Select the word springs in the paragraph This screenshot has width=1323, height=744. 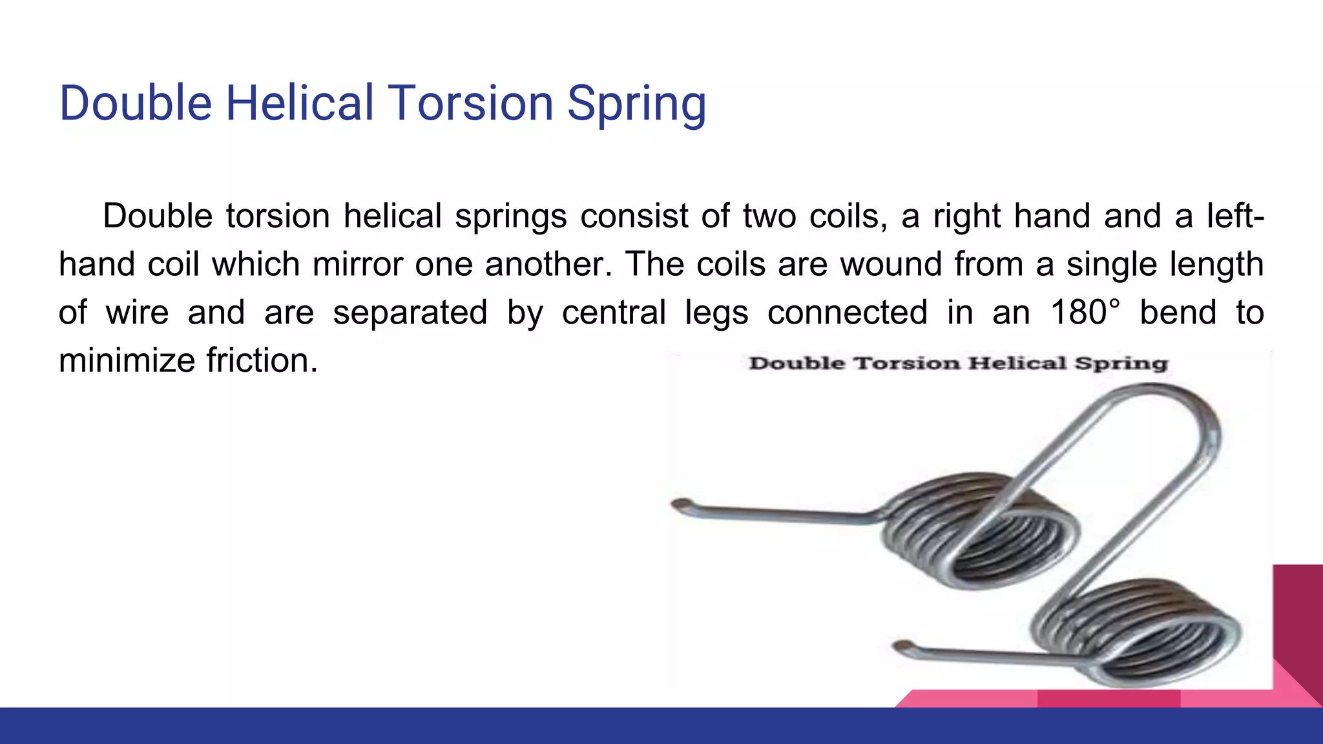510,216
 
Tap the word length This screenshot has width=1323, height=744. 1216,264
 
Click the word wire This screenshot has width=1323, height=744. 137,313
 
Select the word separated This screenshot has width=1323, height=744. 410,313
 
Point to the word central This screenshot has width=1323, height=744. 613,313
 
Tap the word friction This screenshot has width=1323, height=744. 262,360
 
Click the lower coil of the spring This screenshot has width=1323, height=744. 1137,633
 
